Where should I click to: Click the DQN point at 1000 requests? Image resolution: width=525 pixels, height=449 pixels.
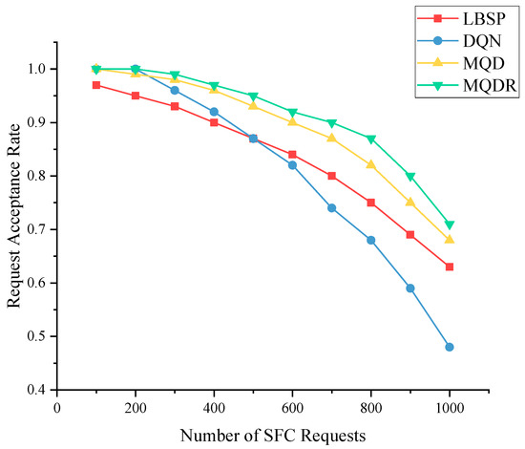click(450, 347)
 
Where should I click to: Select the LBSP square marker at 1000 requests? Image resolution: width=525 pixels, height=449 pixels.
click(450, 267)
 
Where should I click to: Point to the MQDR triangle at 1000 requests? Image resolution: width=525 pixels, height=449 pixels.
click(450, 224)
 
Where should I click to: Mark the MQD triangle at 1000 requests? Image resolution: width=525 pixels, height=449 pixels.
click(450, 239)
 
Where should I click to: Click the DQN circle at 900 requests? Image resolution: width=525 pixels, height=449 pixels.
click(410, 288)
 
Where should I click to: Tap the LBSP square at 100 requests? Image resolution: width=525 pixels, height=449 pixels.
click(96, 85)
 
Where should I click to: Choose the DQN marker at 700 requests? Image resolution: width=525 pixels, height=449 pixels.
click(331, 207)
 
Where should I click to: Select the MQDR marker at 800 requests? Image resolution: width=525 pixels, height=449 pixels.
click(371, 139)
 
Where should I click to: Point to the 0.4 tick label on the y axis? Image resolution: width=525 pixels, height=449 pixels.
click(37, 390)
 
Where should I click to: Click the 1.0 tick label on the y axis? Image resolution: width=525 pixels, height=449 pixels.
click(37, 69)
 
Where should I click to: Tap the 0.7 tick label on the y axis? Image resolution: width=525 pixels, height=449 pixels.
click(37, 229)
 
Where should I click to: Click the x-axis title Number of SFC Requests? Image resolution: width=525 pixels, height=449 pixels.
click(272, 436)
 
